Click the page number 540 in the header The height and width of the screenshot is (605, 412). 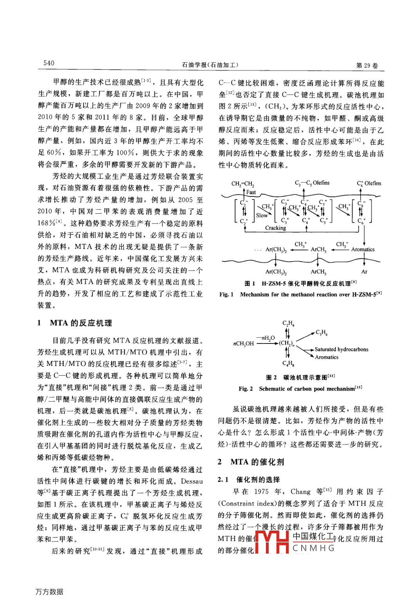(49, 63)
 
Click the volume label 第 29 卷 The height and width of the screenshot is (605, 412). (367, 65)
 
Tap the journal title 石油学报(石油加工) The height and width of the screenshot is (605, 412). (210, 65)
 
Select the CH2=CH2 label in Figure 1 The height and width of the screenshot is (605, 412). (242, 183)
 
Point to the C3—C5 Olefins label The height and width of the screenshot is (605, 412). (312, 183)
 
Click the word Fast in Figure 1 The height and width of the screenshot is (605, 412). (251, 192)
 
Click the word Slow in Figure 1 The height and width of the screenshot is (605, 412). (262, 215)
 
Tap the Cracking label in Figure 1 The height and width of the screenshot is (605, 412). (275, 228)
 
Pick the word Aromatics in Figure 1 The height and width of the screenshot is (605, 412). (363, 249)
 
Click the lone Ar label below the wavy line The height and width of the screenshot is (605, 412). (364, 272)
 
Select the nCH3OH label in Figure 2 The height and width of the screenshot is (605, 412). (243, 343)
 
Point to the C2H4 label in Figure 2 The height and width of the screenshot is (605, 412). (288, 323)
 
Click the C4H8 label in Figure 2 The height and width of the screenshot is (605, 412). (288, 363)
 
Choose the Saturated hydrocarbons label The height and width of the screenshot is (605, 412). (342, 349)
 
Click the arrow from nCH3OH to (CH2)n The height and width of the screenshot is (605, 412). (266, 343)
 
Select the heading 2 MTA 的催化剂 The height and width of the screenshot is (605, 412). (251, 462)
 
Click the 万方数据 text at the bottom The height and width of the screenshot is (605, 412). (49, 592)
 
